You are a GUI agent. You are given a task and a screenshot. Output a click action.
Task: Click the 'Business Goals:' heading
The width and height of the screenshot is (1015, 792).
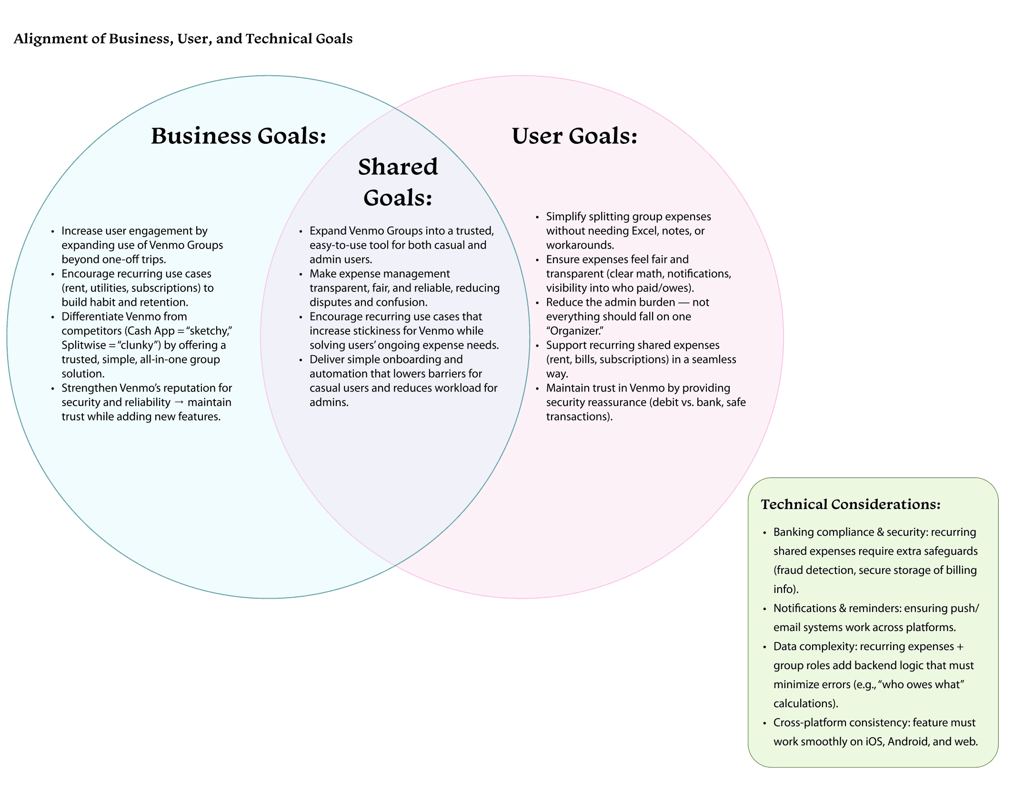239,136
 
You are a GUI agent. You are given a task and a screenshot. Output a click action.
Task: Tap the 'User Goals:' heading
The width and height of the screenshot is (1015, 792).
574,136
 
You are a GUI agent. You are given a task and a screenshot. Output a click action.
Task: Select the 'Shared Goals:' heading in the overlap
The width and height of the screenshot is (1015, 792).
398,182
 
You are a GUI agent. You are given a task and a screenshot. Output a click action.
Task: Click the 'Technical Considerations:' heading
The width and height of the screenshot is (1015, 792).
851,504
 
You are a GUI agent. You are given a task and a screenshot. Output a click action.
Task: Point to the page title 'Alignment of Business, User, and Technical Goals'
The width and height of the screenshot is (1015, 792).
183,39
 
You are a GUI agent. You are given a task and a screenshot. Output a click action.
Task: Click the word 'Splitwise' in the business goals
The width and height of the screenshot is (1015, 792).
83,345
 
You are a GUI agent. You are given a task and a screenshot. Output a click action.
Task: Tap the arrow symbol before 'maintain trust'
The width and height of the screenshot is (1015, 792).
179,402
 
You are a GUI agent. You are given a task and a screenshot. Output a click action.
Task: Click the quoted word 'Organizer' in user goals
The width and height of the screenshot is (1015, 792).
574,331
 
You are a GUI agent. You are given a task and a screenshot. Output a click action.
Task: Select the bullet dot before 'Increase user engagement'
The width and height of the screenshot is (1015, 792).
53,232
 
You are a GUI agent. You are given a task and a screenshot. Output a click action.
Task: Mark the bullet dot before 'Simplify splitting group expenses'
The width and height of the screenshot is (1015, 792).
537,218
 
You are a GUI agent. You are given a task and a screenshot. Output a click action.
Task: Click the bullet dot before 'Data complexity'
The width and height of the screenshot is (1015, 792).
764,647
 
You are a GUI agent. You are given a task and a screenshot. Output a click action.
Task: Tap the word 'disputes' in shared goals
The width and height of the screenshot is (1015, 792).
330,302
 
